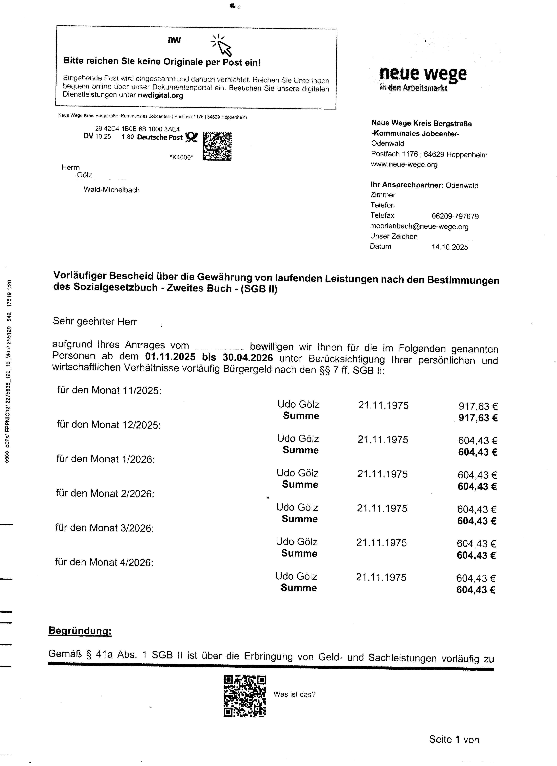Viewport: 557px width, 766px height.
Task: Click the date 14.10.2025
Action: [450, 247]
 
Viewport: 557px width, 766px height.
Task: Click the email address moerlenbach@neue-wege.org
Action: [419, 226]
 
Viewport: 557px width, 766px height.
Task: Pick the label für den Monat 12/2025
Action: [109, 425]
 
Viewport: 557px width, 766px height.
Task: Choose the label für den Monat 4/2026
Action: [104, 562]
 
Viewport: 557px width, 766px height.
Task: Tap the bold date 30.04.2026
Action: [248, 357]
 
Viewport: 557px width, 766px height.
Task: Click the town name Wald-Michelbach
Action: [112, 190]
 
